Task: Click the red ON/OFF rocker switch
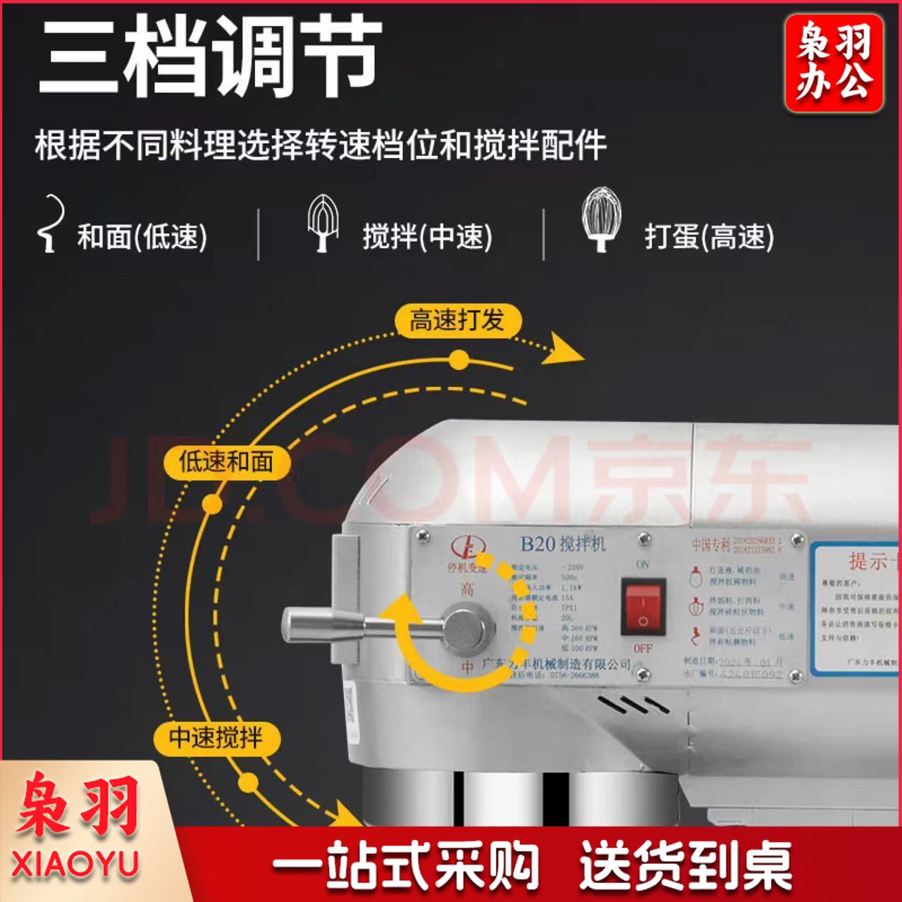pos(643,607)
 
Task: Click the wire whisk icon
pos(600,219)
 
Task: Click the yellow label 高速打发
pos(457,321)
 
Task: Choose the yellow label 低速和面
pos(226,462)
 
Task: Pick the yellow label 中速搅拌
pos(216,738)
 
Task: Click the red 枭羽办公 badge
pos(834,63)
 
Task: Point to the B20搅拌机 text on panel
pos(562,543)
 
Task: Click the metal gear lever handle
pos(324,624)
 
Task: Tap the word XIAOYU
pos(75,865)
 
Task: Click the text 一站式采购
pos(406,865)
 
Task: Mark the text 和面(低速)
pos(142,237)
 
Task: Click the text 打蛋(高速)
pos(709,237)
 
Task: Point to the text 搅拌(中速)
pos(427,237)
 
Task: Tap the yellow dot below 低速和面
pos(211,504)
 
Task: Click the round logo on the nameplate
pos(467,548)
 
